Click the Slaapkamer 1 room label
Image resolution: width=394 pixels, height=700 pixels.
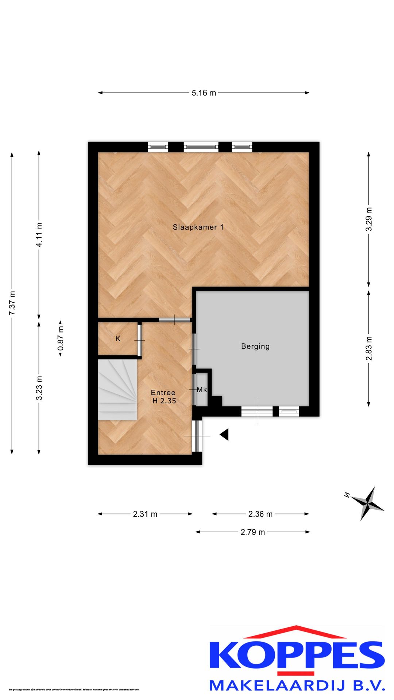point(198,227)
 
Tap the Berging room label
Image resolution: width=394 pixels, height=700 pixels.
point(255,346)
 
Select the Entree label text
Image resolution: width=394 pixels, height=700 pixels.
point(163,393)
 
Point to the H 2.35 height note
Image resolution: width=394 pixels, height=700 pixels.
point(164,401)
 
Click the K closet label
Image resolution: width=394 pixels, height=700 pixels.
point(118,339)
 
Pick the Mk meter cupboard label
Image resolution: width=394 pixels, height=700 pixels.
point(202,390)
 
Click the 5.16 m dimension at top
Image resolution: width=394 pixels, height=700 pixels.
point(204,93)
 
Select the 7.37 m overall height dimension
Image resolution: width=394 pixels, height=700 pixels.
point(12,303)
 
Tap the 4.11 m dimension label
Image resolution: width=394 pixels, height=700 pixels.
point(39,235)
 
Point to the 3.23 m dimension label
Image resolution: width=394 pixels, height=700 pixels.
point(39,388)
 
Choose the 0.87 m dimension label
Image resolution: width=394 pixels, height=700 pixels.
point(61,339)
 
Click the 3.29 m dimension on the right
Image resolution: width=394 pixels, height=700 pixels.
point(369,219)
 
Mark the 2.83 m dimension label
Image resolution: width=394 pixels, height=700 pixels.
point(369,348)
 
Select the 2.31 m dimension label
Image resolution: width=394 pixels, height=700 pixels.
point(145,514)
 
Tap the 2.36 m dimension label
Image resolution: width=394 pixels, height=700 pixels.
point(260,514)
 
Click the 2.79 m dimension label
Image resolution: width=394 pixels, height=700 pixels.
point(253,532)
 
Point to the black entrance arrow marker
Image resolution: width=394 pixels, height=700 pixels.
point(225,434)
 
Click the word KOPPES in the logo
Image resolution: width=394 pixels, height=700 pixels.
point(297,654)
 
